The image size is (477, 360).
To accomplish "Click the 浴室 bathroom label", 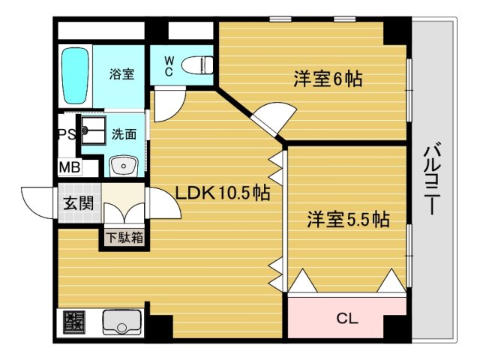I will (x=121, y=74).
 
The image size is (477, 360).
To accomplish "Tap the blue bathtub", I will (x=75, y=76).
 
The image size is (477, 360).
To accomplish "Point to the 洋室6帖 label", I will (x=327, y=78).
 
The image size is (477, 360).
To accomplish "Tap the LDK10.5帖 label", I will (x=223, y=193).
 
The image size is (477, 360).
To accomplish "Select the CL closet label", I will (x=346, y=319).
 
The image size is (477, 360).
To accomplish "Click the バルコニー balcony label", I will (x=431, y=180).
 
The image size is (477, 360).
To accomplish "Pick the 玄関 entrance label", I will (x=77, y=202).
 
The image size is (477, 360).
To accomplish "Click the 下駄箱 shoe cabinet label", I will (x=124, y=238).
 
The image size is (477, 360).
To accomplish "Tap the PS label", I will (x=67, y=135).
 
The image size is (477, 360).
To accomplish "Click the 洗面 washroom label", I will (x=124, y=135).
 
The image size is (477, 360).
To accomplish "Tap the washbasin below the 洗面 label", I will (x=120, y=165).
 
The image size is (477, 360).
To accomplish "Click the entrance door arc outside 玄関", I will (x=37, y=199).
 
